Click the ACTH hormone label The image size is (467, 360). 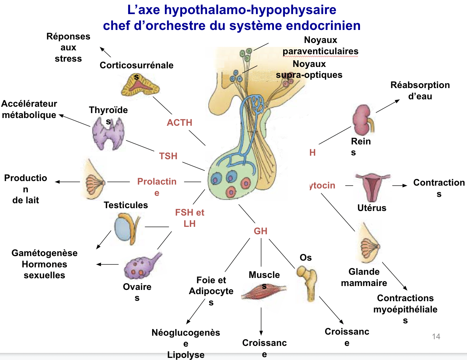pyautogui.click(x=179, y=123)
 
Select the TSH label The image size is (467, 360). pyautogui.click(x=168, y=156)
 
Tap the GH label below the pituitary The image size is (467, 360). pyautogui.click(x=261, y=231)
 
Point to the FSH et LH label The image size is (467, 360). pyautogui.click(x=189, y=218)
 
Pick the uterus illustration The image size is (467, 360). pyautogui.click(x=372, y=187)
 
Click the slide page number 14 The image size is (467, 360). pyautogui.click(x=436, y=336)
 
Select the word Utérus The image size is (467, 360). pyautogui.click(x=372, y=208)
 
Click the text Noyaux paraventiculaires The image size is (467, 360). pyautogui.click(x=320, y=46)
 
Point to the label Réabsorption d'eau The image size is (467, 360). pyautogui.click(x=420, y=91)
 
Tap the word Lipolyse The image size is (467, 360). pyautogui.click(x=186, y=355)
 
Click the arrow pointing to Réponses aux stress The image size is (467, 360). pyautogui.click(x=105, y=52)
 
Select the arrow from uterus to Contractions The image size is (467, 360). pyautogui.click(x=400, y=186)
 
